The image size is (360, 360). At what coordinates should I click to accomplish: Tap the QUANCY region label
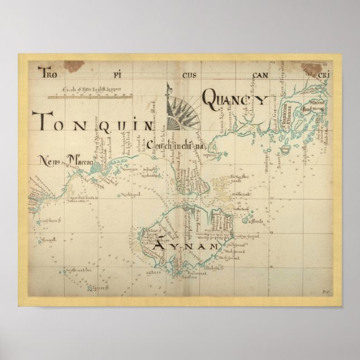(x=234, y=99)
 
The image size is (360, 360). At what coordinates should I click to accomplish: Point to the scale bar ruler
(x=89, y=97)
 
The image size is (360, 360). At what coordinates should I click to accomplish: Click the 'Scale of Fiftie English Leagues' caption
(x=89, y=90)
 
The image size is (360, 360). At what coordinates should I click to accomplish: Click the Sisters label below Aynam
(x=154, y=273)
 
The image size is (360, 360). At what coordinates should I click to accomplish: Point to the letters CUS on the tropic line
(x=188, y=73)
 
